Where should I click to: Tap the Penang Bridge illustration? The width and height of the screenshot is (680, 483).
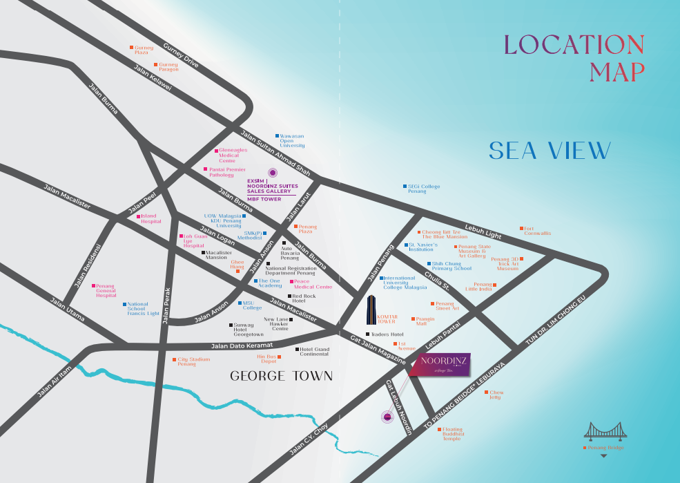point(603,432)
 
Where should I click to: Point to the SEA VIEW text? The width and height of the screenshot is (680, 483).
point(550,151)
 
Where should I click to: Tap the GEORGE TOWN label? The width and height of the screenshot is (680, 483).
point(281,377)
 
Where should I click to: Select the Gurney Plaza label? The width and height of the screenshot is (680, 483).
point(144,50)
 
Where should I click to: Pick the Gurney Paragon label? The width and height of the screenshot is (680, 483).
point(168,67)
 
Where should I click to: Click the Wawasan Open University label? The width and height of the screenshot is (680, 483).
point(291,141)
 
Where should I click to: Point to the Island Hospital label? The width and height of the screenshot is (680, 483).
point(150,219)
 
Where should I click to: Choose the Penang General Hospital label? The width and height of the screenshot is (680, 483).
point(106,290)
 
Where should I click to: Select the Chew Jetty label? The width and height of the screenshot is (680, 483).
point(495,395)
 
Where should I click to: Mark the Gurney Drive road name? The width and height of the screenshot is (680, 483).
point(181,55)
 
